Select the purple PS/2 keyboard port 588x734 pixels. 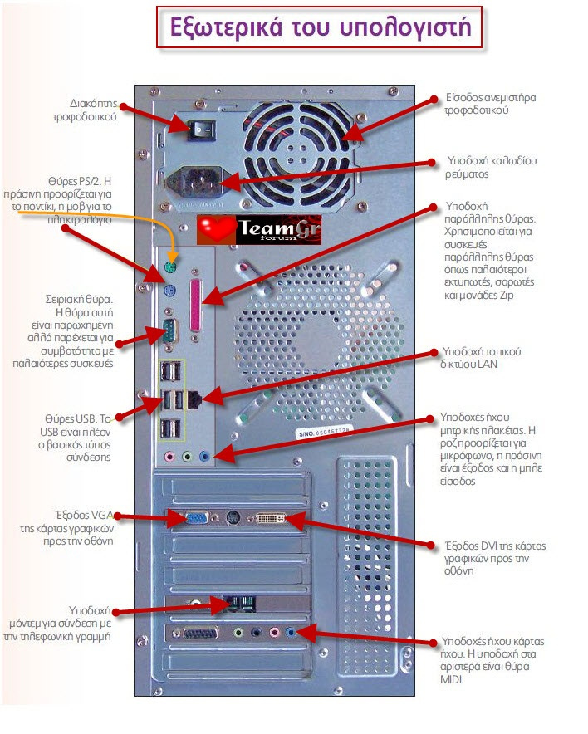pos(169,291)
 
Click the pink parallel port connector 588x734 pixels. pos(198,304)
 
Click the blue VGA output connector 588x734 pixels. pos(197,518)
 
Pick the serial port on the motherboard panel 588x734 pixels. pos(169,330)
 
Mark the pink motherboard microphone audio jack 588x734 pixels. pos(169,456)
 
